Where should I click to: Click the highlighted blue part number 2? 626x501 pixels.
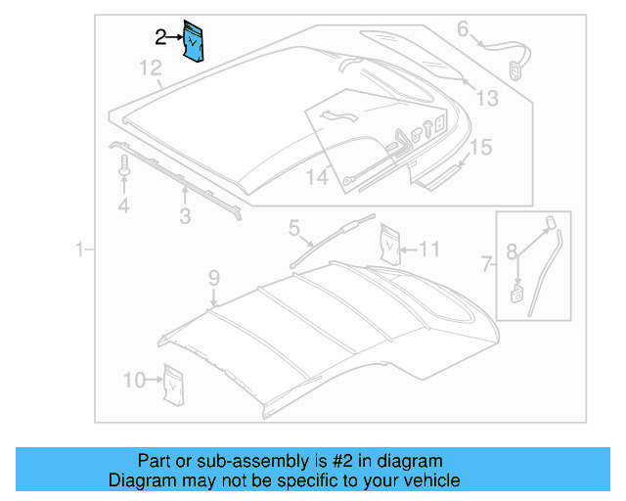(x=195, y=41)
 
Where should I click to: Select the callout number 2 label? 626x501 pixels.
(x=160, y=37)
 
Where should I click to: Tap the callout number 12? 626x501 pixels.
(x=149, y=68)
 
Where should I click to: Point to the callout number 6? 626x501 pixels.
(x=463, y=28)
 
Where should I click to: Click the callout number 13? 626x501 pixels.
(x=486, y=97)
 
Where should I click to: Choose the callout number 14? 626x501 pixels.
(x=318, y=177)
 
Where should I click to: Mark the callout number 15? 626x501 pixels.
(x=479, y=148)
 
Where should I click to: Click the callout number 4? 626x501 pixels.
(x=123, y=205)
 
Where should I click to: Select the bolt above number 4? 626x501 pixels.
(x=124, y=173)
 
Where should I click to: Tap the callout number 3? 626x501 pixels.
(x=184, y=215)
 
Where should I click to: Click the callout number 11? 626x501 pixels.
(x=430, y=249)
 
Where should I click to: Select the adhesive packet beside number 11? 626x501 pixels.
(x=390, y=246)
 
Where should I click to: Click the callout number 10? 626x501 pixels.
(x=134, y=379)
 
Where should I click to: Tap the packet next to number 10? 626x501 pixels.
(x=174, y=384)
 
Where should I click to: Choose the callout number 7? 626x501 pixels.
(x=486, y=262)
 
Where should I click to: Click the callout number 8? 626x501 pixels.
(x=511, y=251)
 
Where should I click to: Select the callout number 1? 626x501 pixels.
(x=81, y=251)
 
